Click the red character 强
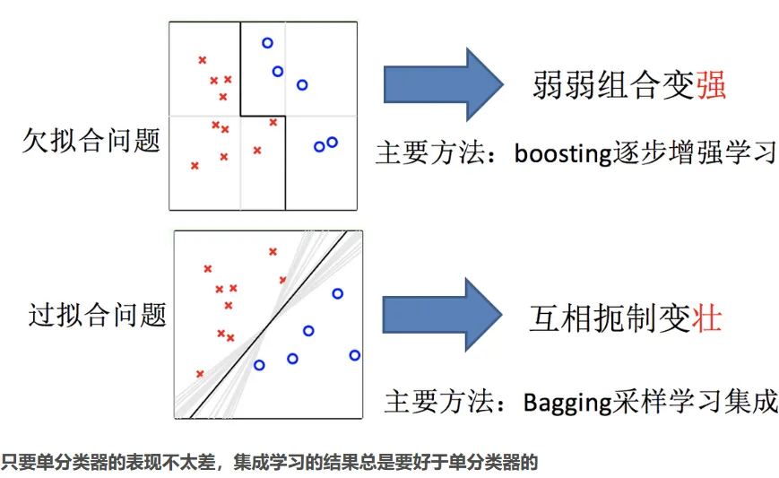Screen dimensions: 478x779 click(x=710, y=86)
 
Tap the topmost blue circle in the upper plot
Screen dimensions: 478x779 click(x=267, y=43)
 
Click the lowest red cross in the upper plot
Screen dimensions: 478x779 click(x=195, y=166)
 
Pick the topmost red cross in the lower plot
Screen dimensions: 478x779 click(x=273, y=251)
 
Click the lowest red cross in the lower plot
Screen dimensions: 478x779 click(x=200, y=373)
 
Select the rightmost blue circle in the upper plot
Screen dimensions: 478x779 click(x=333, y=142)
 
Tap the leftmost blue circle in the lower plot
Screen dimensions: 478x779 click(x=259, y=365)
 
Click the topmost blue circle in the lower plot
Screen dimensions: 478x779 click(x=338, y=293)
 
